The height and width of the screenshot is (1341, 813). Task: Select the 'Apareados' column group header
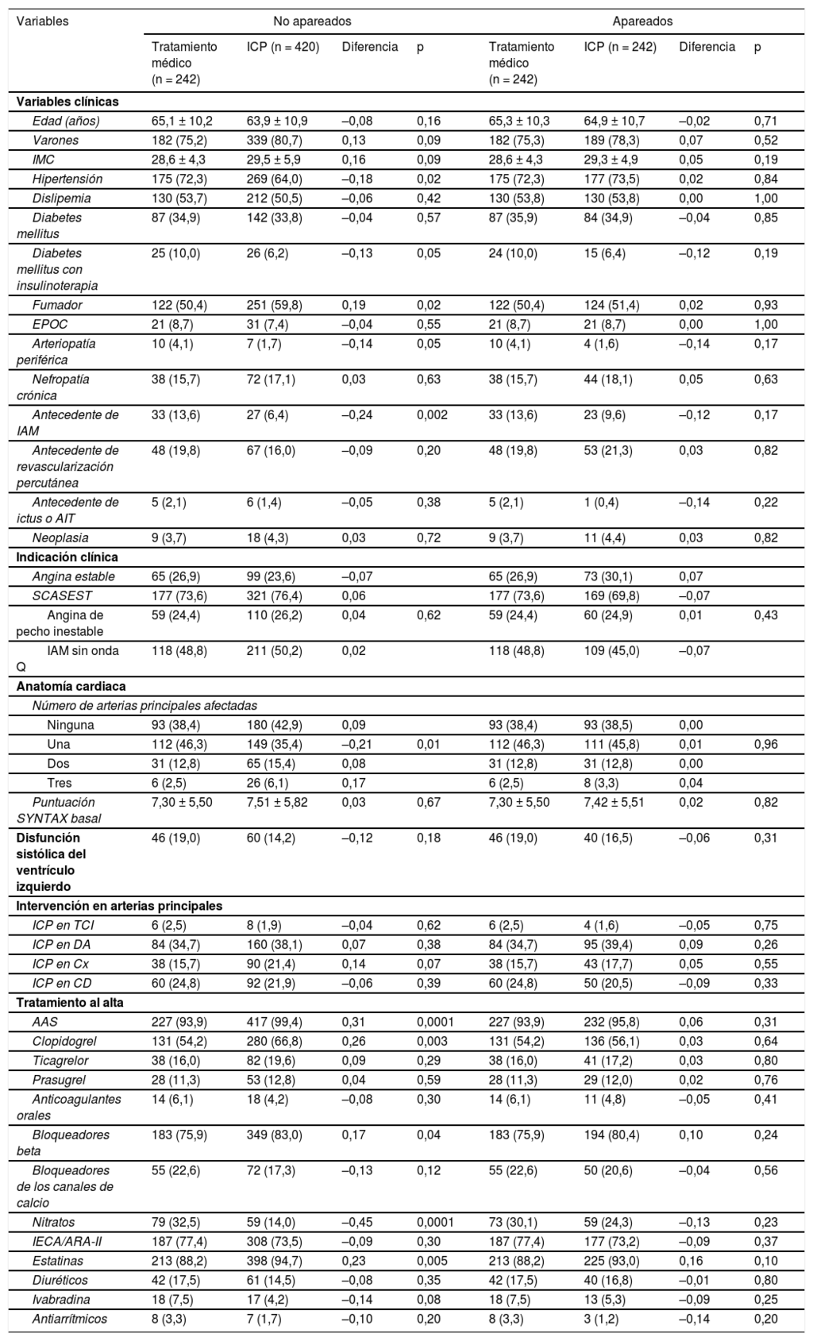[x=642, y=21]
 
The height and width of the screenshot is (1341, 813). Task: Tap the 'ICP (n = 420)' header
[x=283, y=47]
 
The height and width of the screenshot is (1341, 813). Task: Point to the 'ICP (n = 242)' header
[x=620, y=47]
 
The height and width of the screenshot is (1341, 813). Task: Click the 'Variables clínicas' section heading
[x=67, y=102]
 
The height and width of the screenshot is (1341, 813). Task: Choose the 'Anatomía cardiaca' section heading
[x=71, y=686]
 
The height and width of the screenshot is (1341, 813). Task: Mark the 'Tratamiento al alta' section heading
[x=70, y=1002]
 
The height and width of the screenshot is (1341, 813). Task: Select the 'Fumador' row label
[x=57, y=305]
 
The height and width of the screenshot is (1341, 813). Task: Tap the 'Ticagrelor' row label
[x=60, y=1060]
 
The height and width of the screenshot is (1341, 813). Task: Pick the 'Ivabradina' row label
[x=61, y=1300]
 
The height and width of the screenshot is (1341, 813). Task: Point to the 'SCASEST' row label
[x=59, y=595]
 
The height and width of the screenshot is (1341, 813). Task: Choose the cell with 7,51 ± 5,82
[x=277, y=802]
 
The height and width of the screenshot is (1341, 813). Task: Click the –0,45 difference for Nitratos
[x=357, y=1222]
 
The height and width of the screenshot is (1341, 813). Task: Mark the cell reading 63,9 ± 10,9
[x=277, y=121]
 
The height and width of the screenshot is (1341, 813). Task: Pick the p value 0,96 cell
[x=765, y=745]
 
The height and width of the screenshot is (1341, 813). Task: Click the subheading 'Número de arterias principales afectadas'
[x=144, y=705]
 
